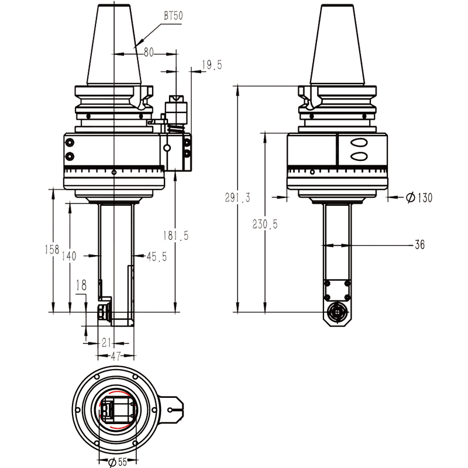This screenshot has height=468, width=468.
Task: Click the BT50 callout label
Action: click(173, 16)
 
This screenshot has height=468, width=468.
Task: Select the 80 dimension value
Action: click(149, 53)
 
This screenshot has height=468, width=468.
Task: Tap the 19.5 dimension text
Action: click(212, 65)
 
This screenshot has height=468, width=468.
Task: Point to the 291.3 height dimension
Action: click(238, 198)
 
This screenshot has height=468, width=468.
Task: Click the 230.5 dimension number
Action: click(265, 224)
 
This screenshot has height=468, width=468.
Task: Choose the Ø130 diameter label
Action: click(419, 198)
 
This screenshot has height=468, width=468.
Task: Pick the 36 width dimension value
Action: click(419, 245)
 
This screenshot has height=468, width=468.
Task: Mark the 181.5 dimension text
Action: click(176, 236)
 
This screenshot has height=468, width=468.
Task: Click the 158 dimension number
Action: click(52, 250)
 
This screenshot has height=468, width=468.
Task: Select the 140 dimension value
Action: click(69, 256)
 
